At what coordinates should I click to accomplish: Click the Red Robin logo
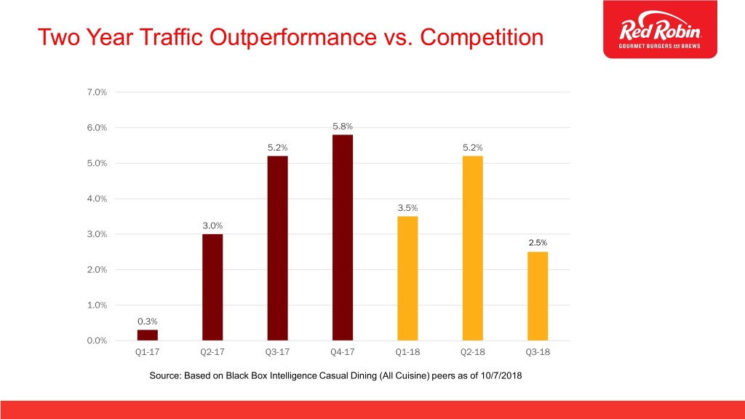660,31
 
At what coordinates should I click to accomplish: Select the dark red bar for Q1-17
147,335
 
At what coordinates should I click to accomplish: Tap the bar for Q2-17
212,287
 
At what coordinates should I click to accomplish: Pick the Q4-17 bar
343,238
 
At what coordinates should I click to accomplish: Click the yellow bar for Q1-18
407,279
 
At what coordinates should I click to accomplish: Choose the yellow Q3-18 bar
538,296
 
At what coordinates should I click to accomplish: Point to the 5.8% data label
343,127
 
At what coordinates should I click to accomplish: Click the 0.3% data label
147,321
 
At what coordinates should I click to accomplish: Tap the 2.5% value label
538,243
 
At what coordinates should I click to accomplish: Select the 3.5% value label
407,208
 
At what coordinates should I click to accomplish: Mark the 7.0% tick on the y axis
97,92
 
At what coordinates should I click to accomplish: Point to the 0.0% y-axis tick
97,340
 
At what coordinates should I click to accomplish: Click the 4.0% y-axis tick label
97,199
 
